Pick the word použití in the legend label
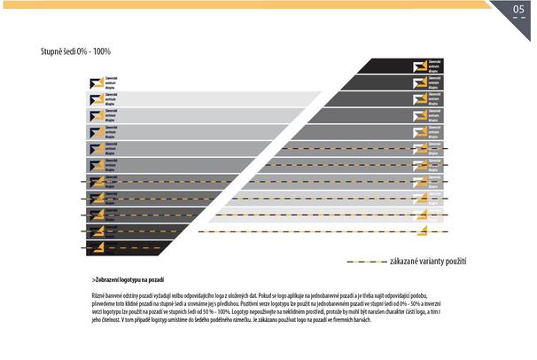coord(452,262)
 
